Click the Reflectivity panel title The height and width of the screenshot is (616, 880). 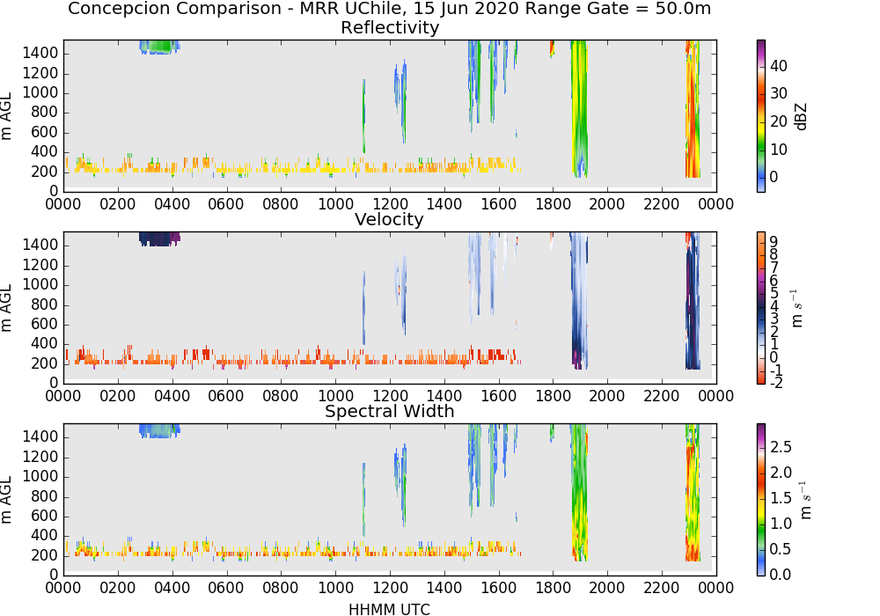tap(390, 27)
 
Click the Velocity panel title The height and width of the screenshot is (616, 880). tap(389, 219)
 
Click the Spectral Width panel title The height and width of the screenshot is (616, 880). tap(390, 411)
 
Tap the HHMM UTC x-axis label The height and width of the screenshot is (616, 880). tap(389, 609)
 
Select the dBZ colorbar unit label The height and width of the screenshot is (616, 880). tap(801, 117)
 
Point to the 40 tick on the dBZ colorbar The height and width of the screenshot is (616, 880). tap(779, 66)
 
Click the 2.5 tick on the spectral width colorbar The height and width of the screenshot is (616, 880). tap(781, 446)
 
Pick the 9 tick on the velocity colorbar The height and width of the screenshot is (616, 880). tap(774, 241)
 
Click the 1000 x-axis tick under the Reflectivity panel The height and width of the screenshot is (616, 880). tap(335, 203)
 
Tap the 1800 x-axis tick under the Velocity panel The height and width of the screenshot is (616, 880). tap(553, 396)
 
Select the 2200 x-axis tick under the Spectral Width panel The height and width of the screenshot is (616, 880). tap(662, 587)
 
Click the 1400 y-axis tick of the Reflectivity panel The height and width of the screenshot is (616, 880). tap(40, 54)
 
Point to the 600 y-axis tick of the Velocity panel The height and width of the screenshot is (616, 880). tap(45, 324)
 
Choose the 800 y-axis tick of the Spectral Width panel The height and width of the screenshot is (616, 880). tap(45, 496)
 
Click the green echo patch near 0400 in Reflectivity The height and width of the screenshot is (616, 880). tap(160, 47)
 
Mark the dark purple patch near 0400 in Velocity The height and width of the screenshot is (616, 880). tap(160, 239)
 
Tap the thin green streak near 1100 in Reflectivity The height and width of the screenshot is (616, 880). tap(363, 115)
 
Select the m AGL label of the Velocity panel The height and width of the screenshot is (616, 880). tap(6, 308)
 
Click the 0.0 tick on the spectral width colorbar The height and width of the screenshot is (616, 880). tap(781, 574)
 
